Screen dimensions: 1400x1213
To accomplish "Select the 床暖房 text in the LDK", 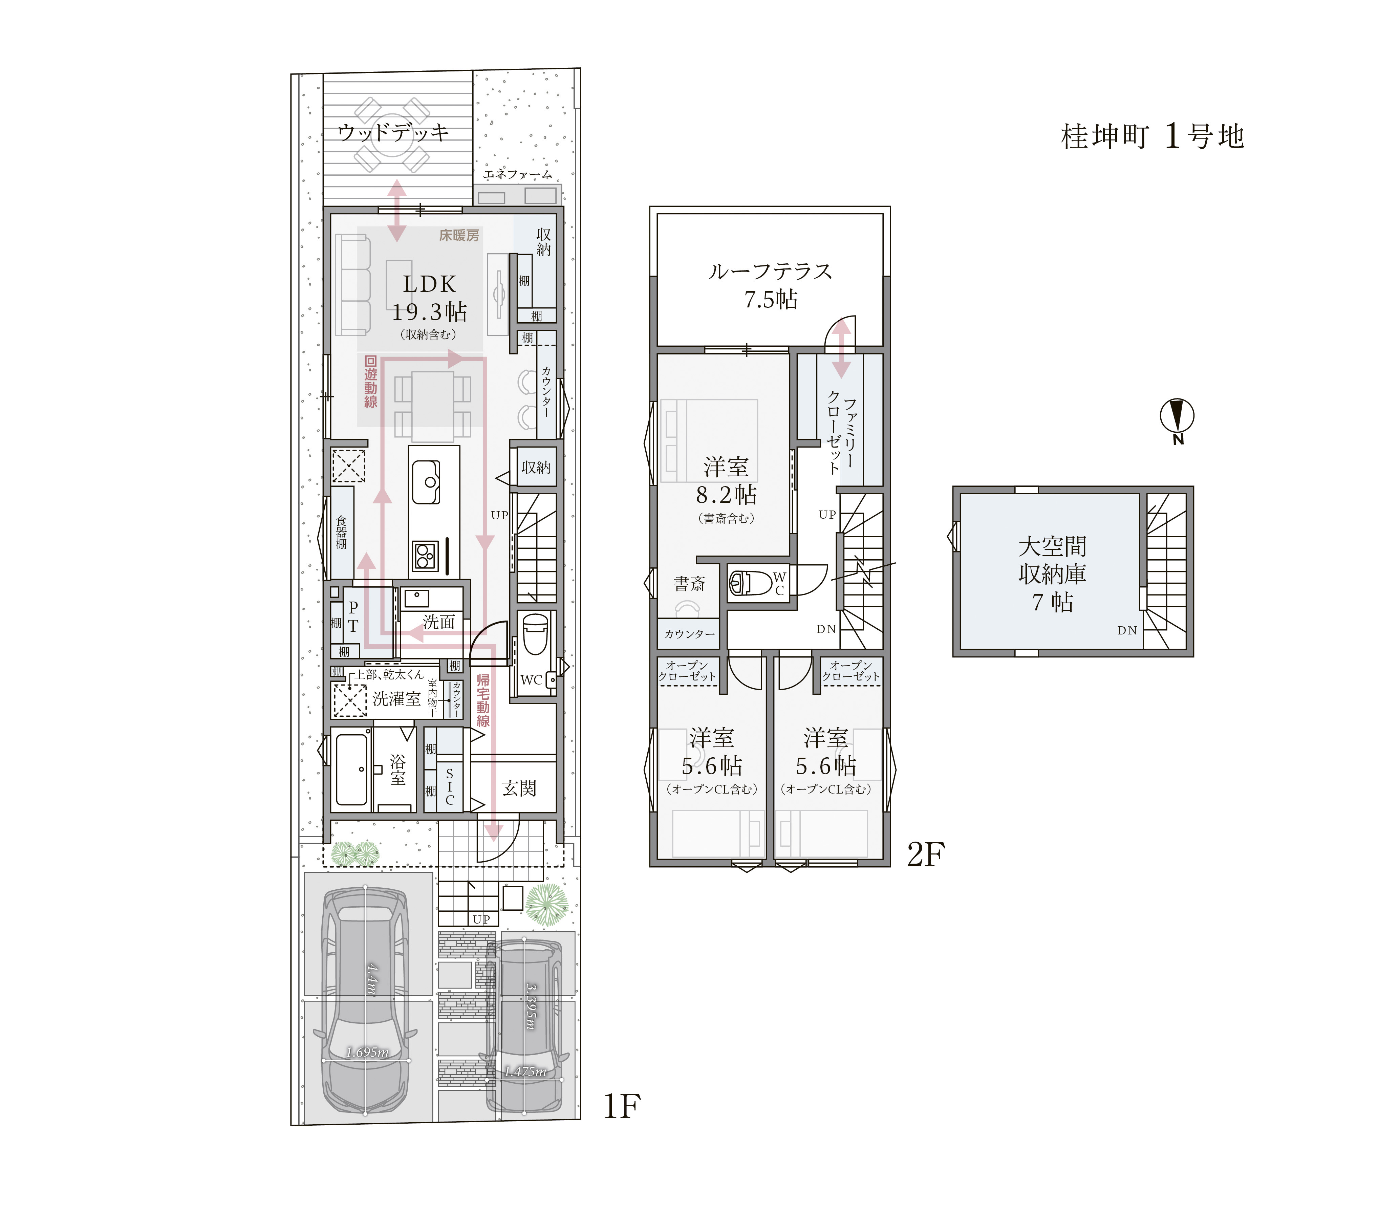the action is pyautogui.click(x=459, y=236).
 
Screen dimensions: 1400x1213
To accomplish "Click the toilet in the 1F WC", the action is pyautogui.click(x=536, y=634).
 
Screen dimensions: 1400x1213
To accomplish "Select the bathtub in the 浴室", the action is pyautogui.click(x=351, y=770).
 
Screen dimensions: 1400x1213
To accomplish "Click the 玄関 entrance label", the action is pyautogui.click(x=519, y=788).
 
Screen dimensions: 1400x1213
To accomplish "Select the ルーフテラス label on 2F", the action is pyautogui.click(x=770, y=272).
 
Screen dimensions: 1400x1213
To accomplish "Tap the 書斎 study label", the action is pyautogui.click(x=690, y=584).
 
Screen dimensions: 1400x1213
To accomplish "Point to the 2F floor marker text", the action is pyautogui.click(x=925, y=855).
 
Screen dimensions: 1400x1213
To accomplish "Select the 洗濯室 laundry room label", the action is pyautogui.click(x=397, y=698).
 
